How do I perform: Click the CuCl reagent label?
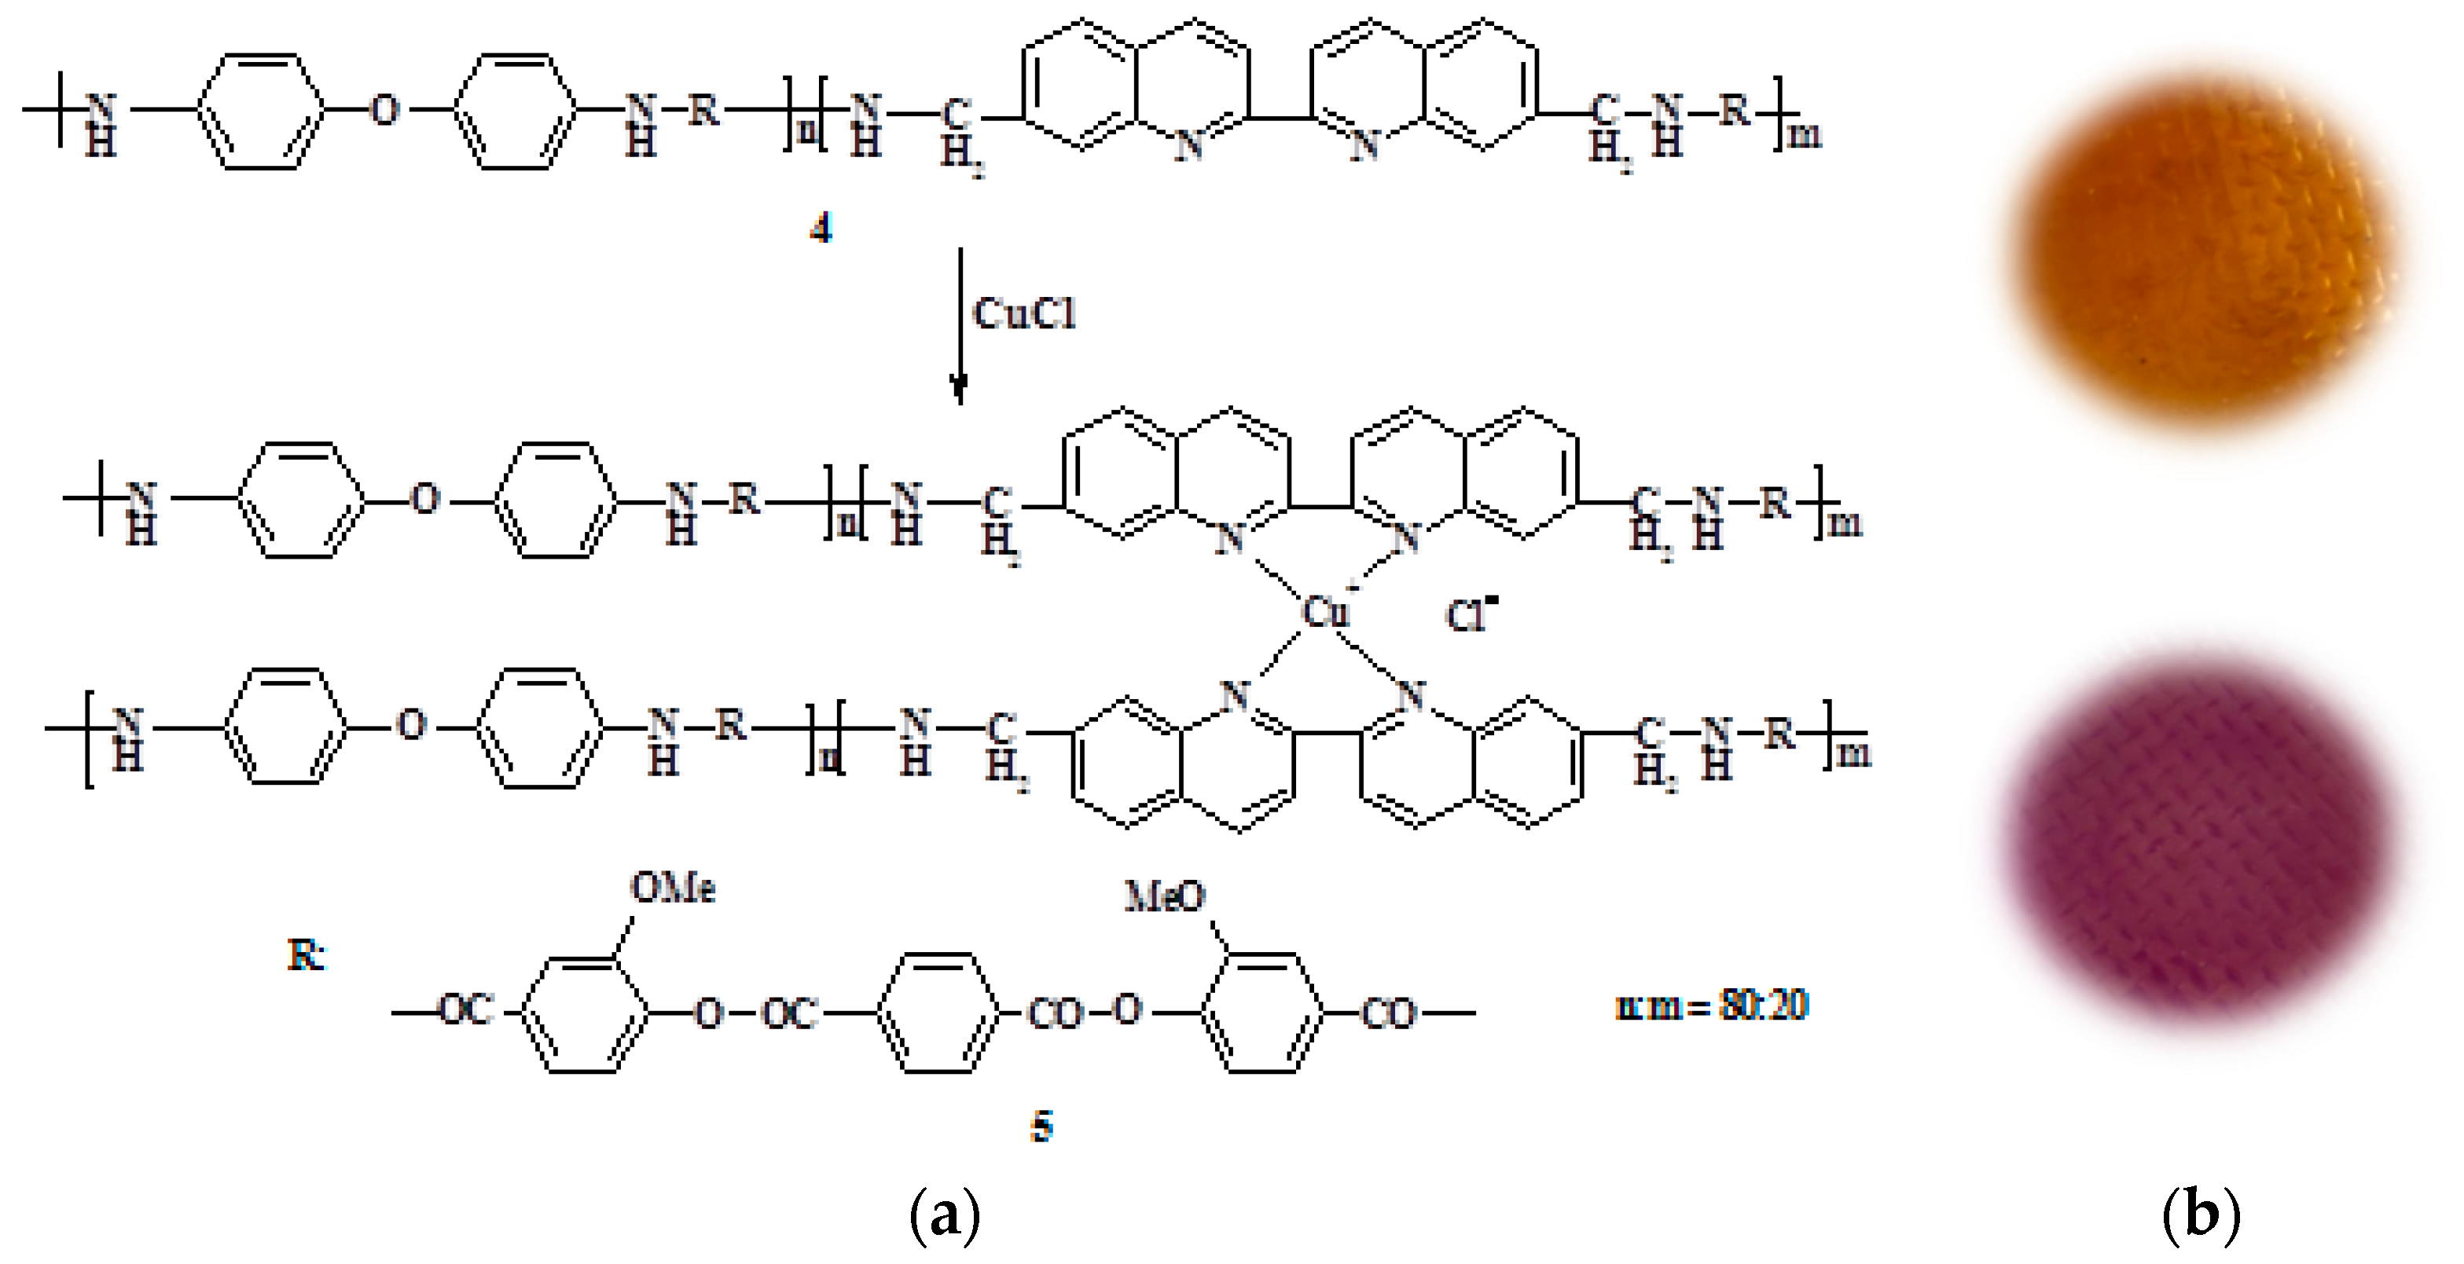(x=1023, y=313)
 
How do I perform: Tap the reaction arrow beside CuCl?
(x=960, y=325)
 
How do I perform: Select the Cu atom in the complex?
(x=1325, y=612)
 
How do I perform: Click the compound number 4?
(x=821, y=229)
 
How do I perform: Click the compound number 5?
(x=1041, y=1127)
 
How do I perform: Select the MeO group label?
(x=1164, y=896)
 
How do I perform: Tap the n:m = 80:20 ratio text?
(x=1711, y=1005)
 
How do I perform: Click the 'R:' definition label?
(x=306, y=954)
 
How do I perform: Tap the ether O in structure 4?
(x=384, y=110)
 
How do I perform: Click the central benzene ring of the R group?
(x=938, y=1013)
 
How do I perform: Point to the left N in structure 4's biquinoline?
(x=1188, y=145)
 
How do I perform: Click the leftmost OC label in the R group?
(x=466, y=1009)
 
